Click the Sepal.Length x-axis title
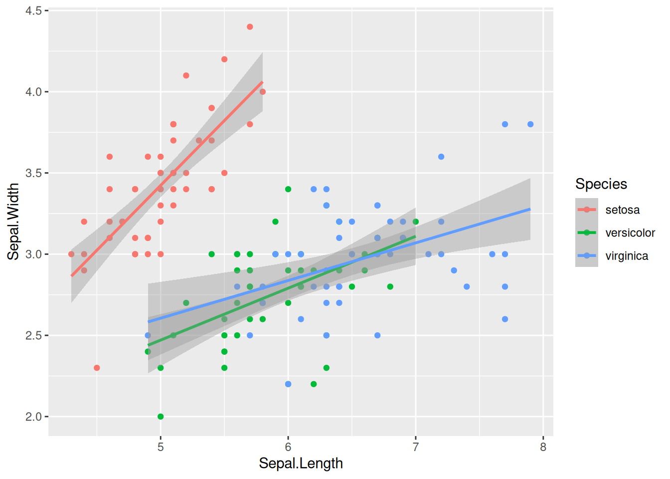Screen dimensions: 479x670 (x=301, y=464)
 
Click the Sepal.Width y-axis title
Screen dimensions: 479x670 (x=13, y=221)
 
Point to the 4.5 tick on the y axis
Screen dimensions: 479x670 (x=33, y=10)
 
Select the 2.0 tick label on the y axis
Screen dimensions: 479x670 (x=33, y=417)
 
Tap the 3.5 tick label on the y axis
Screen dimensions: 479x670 (x=33, y=173)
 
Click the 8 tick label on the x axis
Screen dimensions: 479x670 (x=543, y=447)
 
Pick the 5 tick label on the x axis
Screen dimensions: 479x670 (x=161, y=447)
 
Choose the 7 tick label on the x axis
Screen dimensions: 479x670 (x=415, y=447)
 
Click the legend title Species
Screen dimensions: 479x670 (x=601, y=184)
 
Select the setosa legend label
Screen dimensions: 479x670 (x=622, y=210)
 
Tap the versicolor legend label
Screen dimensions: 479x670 (x=630, y=233)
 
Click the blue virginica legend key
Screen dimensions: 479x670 (x=587, y=255)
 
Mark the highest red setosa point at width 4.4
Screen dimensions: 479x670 (x=250, y=27)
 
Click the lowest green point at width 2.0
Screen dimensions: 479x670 (x=161, y=417)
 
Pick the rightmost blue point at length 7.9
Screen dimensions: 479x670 (x=530, y=124)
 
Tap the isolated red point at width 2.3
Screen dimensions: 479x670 (x=97, y=368)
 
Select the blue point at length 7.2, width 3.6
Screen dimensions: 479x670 (x=441, y=157)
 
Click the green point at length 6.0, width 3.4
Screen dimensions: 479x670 (x=288, y=189)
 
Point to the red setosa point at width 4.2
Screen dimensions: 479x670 (x=224, y=59)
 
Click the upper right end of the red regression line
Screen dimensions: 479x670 (x=262, y=82)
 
